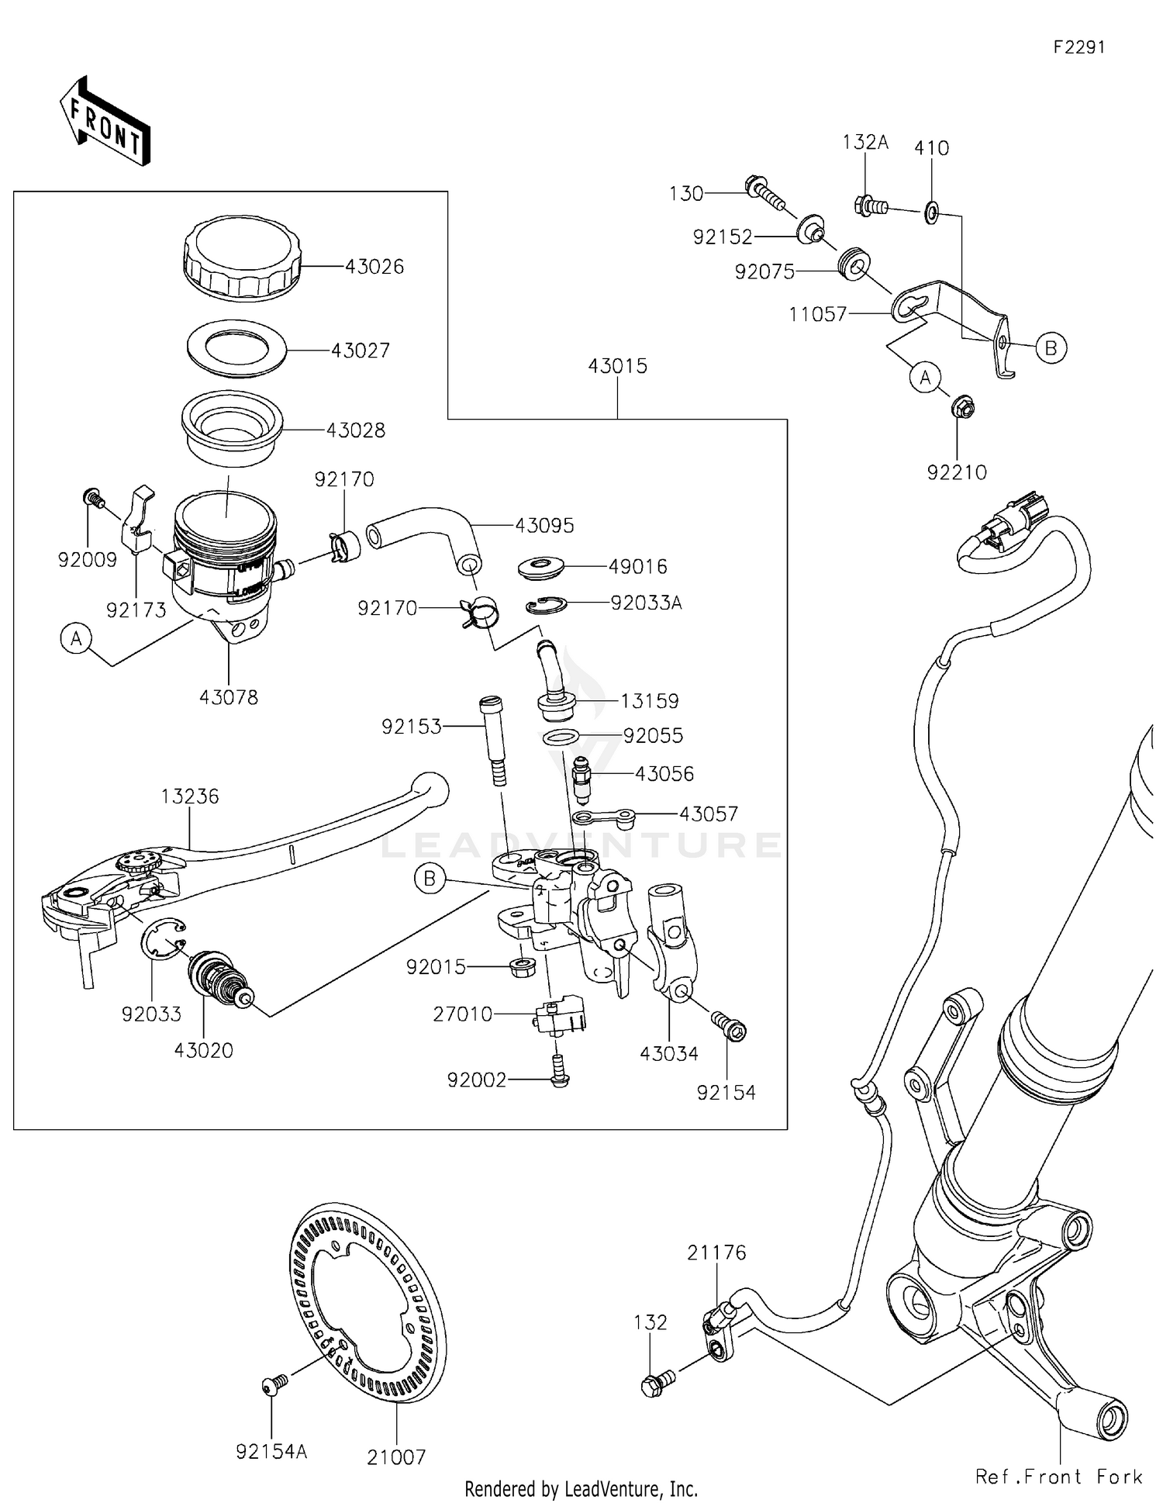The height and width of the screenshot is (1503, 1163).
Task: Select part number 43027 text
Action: (x=360, y=351)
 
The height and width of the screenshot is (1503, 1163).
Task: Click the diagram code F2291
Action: (x=1078, y=47)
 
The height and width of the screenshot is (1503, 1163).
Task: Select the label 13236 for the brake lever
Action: (x=190, y=796)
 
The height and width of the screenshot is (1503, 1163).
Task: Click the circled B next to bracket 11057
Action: (x=1051, y=348)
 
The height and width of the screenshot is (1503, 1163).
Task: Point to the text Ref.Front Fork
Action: (x=1058, y=1477)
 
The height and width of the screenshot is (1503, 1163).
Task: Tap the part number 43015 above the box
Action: (x=617, y=366)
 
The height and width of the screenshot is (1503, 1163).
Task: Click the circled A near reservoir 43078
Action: (x=76, y=639)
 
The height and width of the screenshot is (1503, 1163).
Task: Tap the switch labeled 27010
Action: (x=559, y=1014)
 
